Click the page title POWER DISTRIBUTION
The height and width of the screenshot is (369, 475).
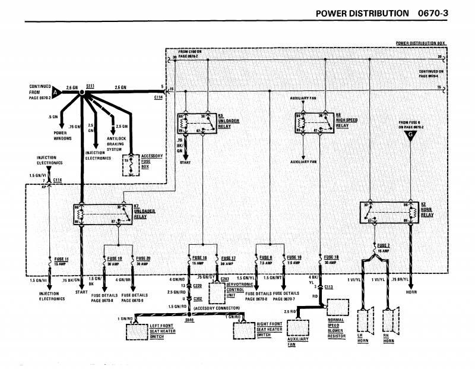click(362, 13)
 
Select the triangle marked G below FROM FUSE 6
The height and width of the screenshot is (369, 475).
click(409, 138)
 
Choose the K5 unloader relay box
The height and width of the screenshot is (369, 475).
click(195, 121)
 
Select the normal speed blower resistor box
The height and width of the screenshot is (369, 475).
click(338, 307)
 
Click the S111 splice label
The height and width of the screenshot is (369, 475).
click(90, 87)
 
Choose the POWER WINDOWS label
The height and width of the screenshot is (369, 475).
click(62, 135)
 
